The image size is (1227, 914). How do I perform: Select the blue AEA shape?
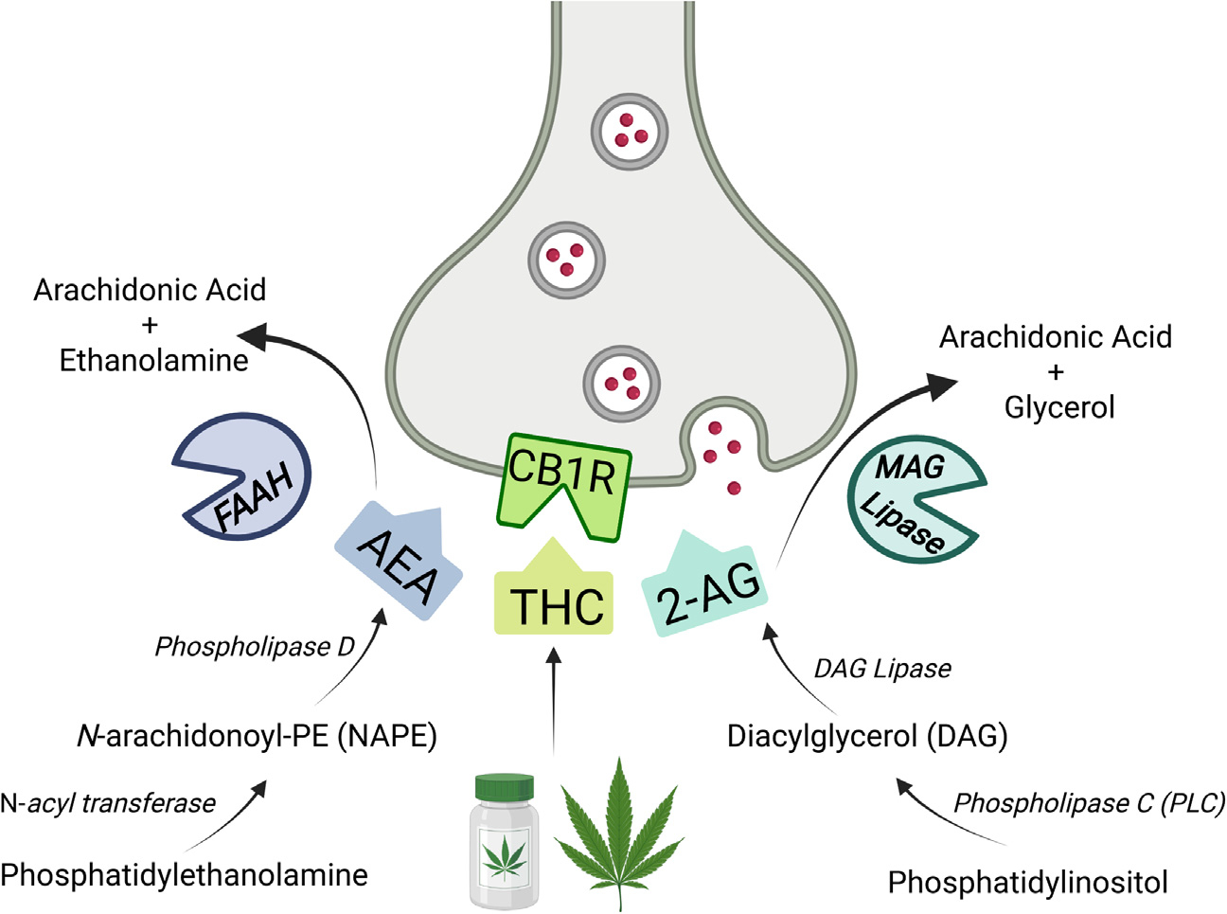coord(398,565)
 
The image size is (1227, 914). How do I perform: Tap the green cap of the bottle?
coord(504,785)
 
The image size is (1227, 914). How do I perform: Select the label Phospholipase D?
coord(255,647)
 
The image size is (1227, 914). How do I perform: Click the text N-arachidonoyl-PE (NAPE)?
coord(257,735)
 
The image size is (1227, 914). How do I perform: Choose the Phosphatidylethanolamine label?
coord(185,874)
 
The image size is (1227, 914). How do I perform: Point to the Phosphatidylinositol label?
coord(1027,883)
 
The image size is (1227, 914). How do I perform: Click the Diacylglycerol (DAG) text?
coord(866,736)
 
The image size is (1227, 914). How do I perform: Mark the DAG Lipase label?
coord(882,669)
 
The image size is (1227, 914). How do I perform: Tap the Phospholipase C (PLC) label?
coord(1089,803)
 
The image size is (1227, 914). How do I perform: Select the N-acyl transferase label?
coord(108,803)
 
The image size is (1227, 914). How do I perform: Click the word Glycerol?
coord(1059,407)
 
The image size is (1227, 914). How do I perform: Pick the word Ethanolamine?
coord(153,360)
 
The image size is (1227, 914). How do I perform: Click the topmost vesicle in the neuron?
coord(630,131)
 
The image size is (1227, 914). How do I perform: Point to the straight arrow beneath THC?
coord(555,701)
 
